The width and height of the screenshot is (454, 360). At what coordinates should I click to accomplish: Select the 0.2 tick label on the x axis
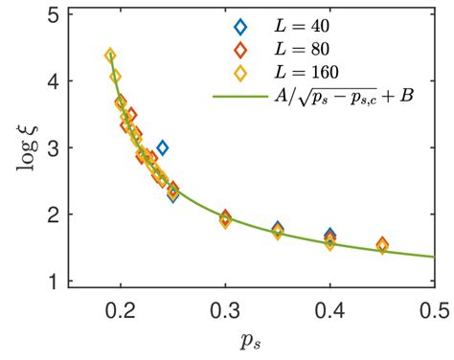click(121, 310)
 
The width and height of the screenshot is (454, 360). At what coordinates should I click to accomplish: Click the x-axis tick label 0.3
click(225, 310)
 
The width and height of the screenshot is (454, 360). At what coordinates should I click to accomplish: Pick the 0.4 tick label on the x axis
click(330, 310)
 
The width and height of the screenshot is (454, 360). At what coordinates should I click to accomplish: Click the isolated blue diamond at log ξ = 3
click(163, 147)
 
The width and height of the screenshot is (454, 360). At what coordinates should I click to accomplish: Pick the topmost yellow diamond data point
click(110, 56)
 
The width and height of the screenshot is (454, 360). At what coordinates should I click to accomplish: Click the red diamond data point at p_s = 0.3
click(226, 217)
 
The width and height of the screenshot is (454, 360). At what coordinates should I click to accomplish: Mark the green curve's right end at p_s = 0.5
click(435, 257)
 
